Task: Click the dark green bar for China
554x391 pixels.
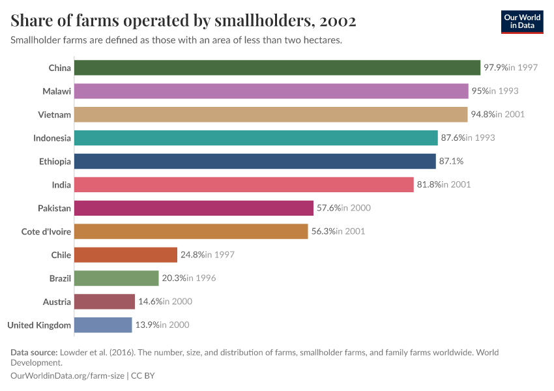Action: tap(277, 68)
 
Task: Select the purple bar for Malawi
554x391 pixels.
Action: tap(271, 91)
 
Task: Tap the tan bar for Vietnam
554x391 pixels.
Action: tap(270, 115)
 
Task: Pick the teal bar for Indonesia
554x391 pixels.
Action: tap(255, 138)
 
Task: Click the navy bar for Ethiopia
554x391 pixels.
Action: tap(255, 162)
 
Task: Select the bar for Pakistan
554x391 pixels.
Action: tap(194, 208)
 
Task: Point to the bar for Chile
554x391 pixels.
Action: tap(126, 255)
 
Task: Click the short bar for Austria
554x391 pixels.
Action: tap(104, 302)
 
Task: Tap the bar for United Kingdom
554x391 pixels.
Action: tap(103, 325)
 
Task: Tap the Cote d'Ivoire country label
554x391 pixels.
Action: tap(46, 231)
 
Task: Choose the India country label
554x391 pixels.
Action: tap(61, 185)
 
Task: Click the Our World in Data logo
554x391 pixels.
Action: tap(523, 22)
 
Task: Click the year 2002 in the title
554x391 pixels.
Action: tap(338, 21)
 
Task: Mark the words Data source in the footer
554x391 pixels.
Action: tap(34, 353)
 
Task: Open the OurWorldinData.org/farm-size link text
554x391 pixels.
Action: tap(68, 376)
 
